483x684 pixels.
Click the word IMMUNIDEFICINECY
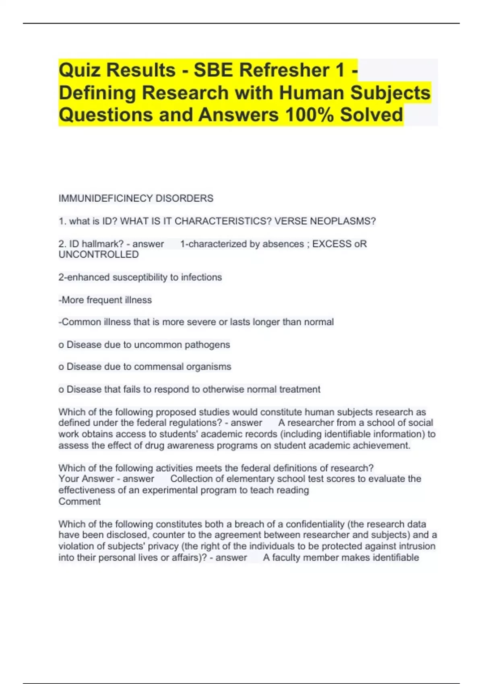[106, 198]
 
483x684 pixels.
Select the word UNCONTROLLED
[99, 255]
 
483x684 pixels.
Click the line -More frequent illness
[105, 300]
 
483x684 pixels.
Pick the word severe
[200, 322]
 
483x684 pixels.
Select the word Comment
[79, 502]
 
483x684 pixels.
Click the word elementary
[252, 479]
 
